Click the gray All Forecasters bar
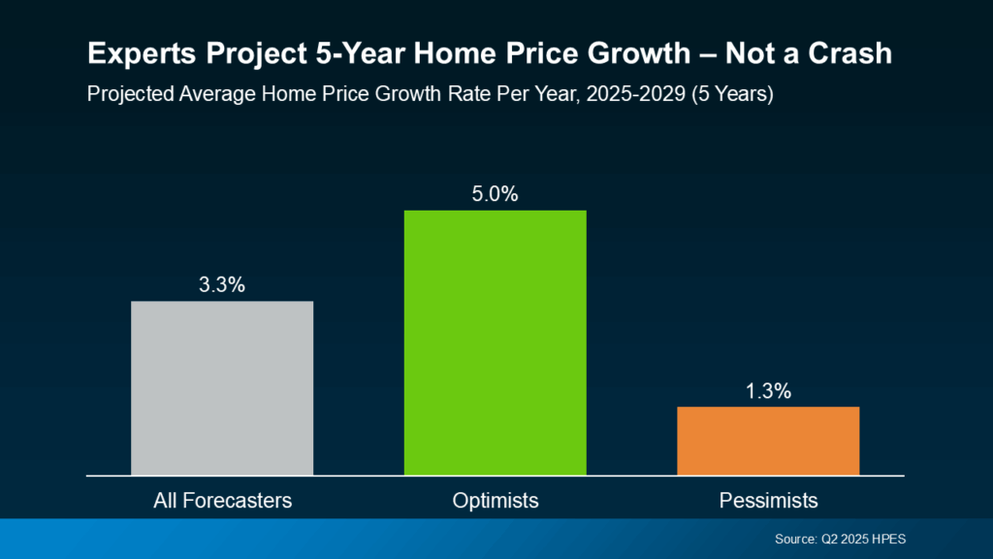[222, 388]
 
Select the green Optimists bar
[496, 343]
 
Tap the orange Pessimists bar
[768, 441]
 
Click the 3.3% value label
[222, 285]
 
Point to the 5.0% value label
[496, 194]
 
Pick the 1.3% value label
[768, 391]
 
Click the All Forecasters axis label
[222, 501]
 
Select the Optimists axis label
[496, 501]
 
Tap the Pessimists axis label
[768, 501]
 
